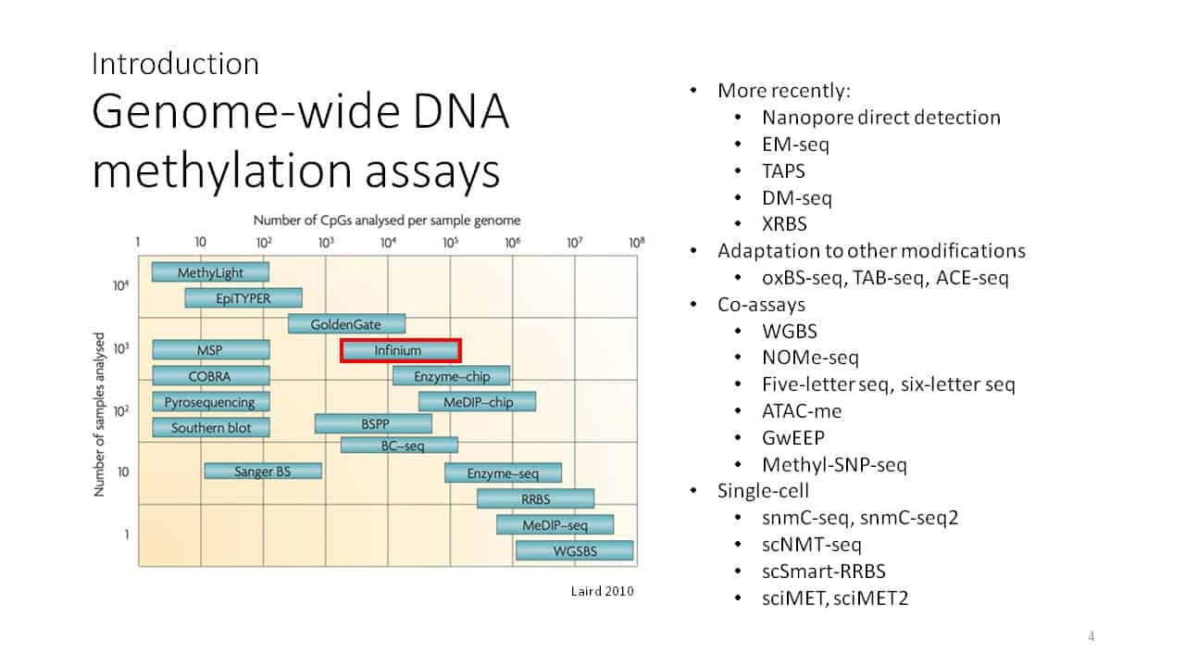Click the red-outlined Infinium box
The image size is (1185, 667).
click(401, 350)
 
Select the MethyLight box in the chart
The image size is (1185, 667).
click(210, 272)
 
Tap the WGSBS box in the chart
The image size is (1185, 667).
click(575, 550)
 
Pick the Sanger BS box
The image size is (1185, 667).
click(263, 471)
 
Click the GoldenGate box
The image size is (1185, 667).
click(346, 324)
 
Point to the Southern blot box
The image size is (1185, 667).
click(210, 427)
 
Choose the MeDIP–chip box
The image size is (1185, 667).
click(477, 402)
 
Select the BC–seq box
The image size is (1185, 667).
click(399, 446)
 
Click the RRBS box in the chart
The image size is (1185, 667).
click(535, 498)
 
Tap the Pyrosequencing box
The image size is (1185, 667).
click(210, 402)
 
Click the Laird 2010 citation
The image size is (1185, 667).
click(602, 591)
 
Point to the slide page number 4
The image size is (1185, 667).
click(1091, 636)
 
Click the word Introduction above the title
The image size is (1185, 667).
click(175, 64)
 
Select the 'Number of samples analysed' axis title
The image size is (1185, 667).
click(99, 414)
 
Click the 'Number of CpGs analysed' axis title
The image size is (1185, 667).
click(387, 220)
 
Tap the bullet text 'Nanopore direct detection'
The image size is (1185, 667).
click(881, 118)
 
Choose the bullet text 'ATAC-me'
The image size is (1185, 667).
click(802, 411)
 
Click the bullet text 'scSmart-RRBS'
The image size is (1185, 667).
click(824, 572)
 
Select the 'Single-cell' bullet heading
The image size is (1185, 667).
click(763, 491)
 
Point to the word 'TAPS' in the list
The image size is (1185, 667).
click(783, 171)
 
